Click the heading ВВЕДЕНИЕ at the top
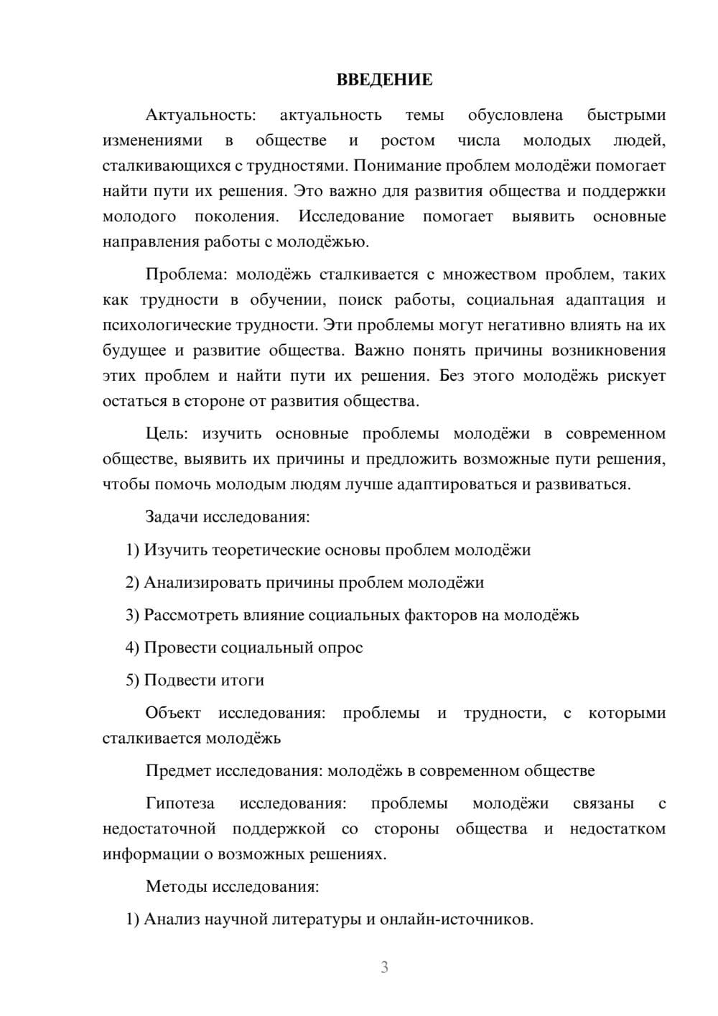(384, 80)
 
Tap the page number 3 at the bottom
(384, 967)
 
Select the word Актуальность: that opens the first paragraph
(200, 115)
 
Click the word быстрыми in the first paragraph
(626, 115)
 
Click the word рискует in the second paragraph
(636, 376)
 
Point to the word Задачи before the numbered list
(172, 517)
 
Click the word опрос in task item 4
(340, 648)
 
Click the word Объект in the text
(173, 713)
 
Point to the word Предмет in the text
(178, 771)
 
